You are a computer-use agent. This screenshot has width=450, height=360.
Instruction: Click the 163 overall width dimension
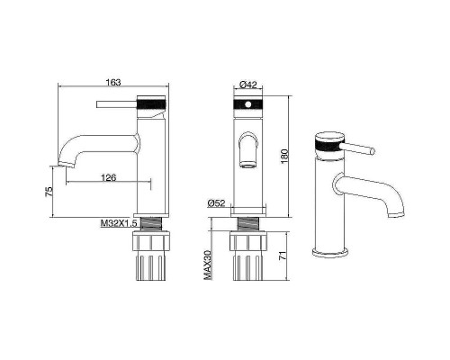113,82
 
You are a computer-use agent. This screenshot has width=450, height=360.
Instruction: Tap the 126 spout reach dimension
109,178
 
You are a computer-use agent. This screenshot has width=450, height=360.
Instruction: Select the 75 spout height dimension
49,192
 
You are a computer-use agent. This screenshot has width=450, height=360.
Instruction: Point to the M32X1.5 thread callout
119,223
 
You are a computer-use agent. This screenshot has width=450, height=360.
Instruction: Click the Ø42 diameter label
248,85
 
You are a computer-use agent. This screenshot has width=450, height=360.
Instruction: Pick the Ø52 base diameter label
216,203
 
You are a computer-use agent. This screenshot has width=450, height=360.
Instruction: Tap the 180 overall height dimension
284,156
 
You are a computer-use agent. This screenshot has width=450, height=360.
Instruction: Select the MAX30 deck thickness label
208,265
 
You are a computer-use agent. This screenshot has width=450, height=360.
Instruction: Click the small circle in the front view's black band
248,104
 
